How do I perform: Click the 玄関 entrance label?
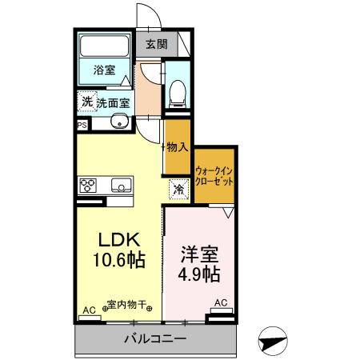(156, 44)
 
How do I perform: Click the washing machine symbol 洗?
(86, 102)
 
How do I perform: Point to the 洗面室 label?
(114, 102)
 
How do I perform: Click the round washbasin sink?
(120, 122)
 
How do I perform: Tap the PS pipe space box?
(82, 126)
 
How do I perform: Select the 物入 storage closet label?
(178, 147)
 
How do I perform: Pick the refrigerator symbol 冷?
(179, 190)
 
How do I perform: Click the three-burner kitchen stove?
(88, 186)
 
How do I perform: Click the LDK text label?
(120, 238)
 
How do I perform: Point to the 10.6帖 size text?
(120, 260)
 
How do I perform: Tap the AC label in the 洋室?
(221, 302)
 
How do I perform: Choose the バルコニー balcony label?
(155, 339)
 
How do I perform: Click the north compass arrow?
(273, 342)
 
